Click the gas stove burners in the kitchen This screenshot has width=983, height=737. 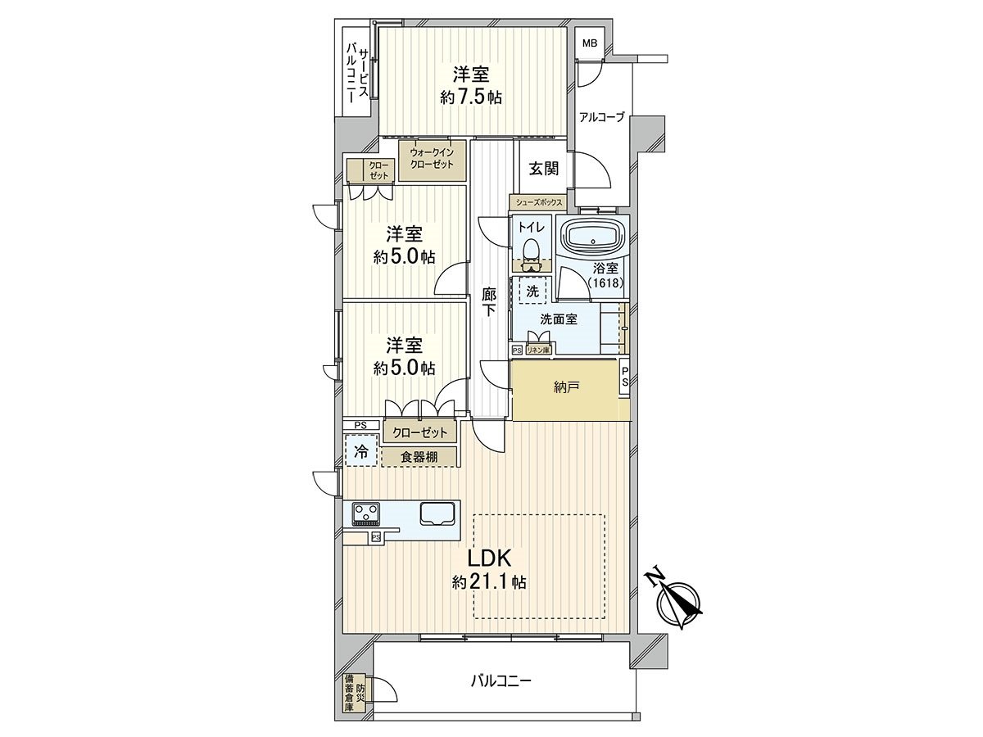(x=366, y=513)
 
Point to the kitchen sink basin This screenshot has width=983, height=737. (x=439, y=513)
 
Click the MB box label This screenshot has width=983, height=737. (x=589, y=43)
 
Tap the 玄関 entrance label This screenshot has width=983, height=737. (x=542, y=169)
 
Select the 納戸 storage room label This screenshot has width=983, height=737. (x=566, y=387)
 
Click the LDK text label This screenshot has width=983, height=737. (x=489, y=558)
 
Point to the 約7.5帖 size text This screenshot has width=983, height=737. (x=471, y=97)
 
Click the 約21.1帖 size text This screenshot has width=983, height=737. (x=489, y=583)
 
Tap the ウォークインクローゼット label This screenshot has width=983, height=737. (x=432, y=158)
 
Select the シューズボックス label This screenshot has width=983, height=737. (x=537, y=201)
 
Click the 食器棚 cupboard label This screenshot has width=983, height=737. (x=419, y=457)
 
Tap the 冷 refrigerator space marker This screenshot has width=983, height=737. (x=361, y=450)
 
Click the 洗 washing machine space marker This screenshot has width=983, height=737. (x=532, y=291)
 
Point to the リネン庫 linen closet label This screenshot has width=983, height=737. (x=537, y=350)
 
